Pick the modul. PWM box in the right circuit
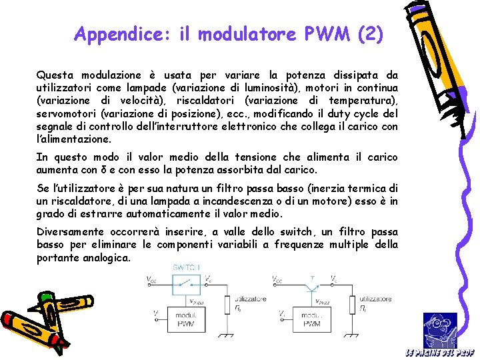311,319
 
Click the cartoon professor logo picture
440,329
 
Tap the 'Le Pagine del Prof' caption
439,353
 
